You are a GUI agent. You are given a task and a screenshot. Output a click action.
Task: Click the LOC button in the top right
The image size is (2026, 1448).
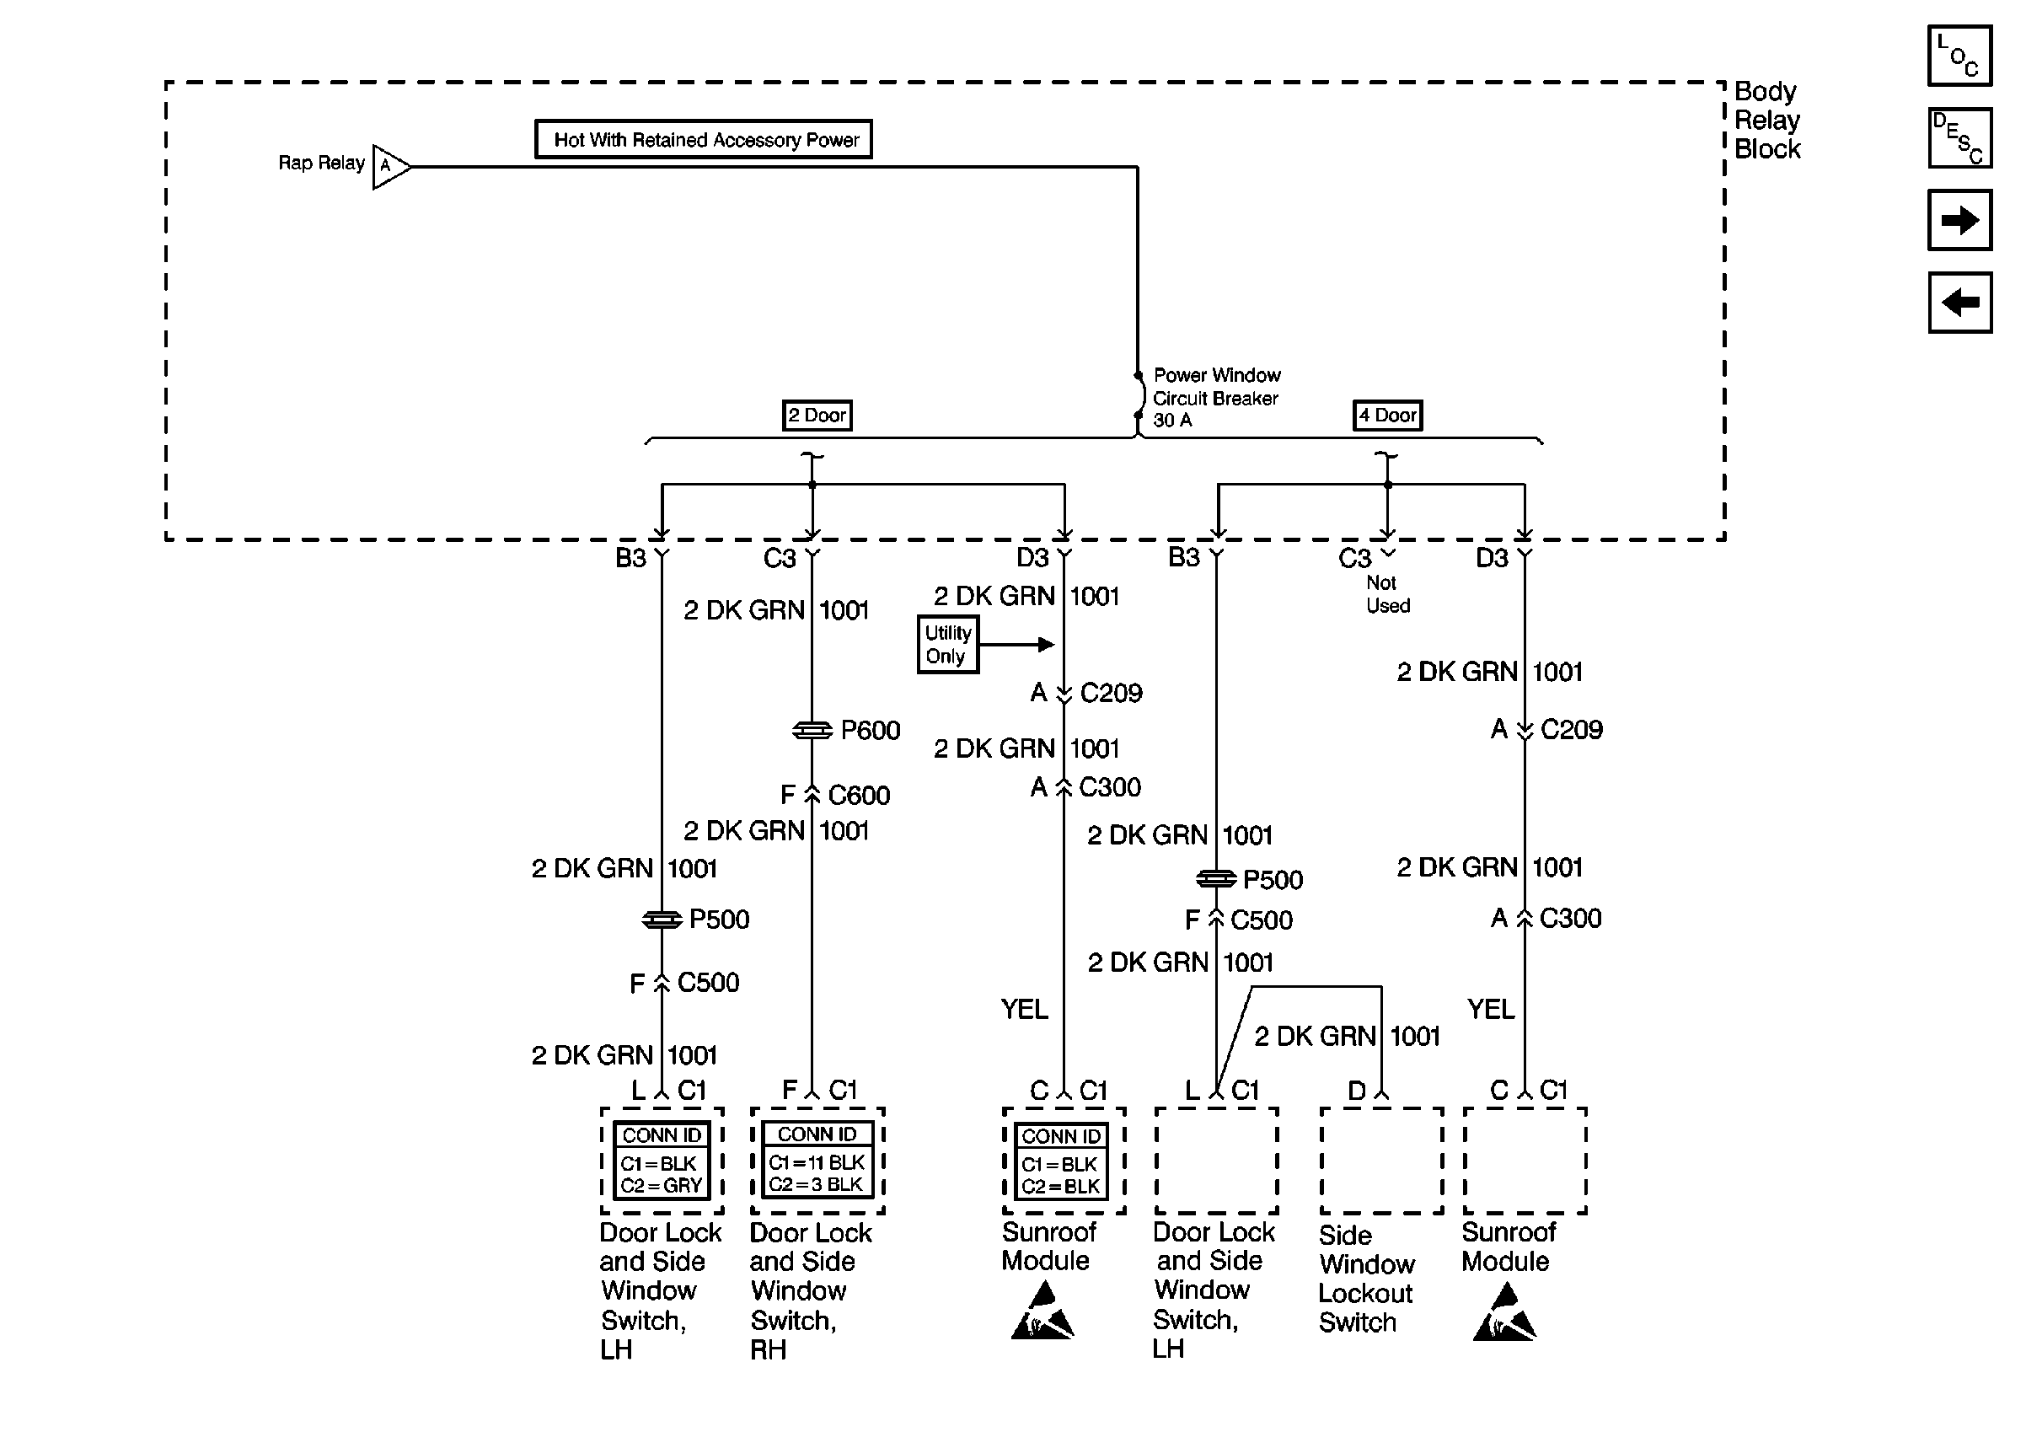pyautogui.click(x=1959, y=56)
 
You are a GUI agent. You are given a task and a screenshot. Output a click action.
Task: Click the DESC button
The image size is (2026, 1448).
pyautogui.click(x=1959, y=138)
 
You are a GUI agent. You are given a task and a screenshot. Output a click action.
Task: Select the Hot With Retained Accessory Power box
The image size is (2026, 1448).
pyautogui.click(x=703, y=139)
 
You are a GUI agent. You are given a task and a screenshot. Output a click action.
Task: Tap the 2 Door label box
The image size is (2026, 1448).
pyautogui.click(x=817, y=416)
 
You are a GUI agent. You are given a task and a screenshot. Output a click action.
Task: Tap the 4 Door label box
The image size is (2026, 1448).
pyautogui.click(x=1387, y=416)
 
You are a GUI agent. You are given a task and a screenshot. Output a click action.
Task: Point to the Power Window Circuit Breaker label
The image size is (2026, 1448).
pyautogui.click(x=1216, y=398)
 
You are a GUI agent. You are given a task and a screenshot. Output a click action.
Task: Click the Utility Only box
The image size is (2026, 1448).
pyautogui.click(x=947, y=645)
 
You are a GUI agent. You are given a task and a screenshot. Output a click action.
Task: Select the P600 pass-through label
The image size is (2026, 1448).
pyautogui.click(x=870, y=730)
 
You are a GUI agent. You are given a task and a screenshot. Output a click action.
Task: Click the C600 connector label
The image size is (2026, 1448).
pyautogui.click(x=859, y=795)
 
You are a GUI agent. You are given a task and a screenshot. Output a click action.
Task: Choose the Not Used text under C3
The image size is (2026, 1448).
pyautogui.click(x=1388, y=595)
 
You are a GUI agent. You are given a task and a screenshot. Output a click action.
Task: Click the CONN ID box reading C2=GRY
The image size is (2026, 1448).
pyautogui.click(x=662, y=1160)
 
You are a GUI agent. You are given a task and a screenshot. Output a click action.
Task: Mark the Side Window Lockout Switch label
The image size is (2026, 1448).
pyautogui.click(x=1365, y=1279)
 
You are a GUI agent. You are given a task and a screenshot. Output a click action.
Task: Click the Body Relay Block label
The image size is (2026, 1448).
pyautogui.click(x=1766, y=121)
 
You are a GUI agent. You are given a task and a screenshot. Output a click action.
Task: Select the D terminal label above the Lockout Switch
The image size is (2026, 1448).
pyautogui.click(x=1357, y=1091)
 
